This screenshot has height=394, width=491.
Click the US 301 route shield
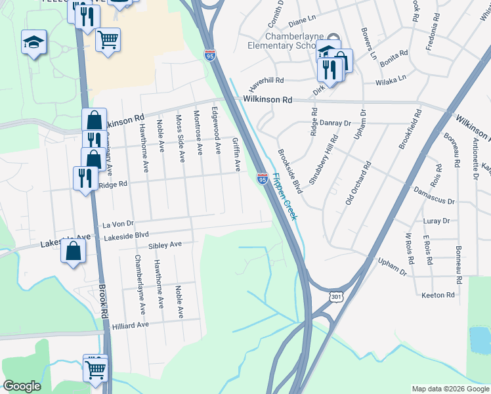point(337,297)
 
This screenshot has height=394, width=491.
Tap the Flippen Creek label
point(286,196)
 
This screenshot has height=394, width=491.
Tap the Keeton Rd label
point(438,295)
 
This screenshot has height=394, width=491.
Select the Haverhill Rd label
point(265,81)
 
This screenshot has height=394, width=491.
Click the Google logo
point(22,386)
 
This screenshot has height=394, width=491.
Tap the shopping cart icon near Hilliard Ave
point(95,369)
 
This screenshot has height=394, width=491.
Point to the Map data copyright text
point(449,389)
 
